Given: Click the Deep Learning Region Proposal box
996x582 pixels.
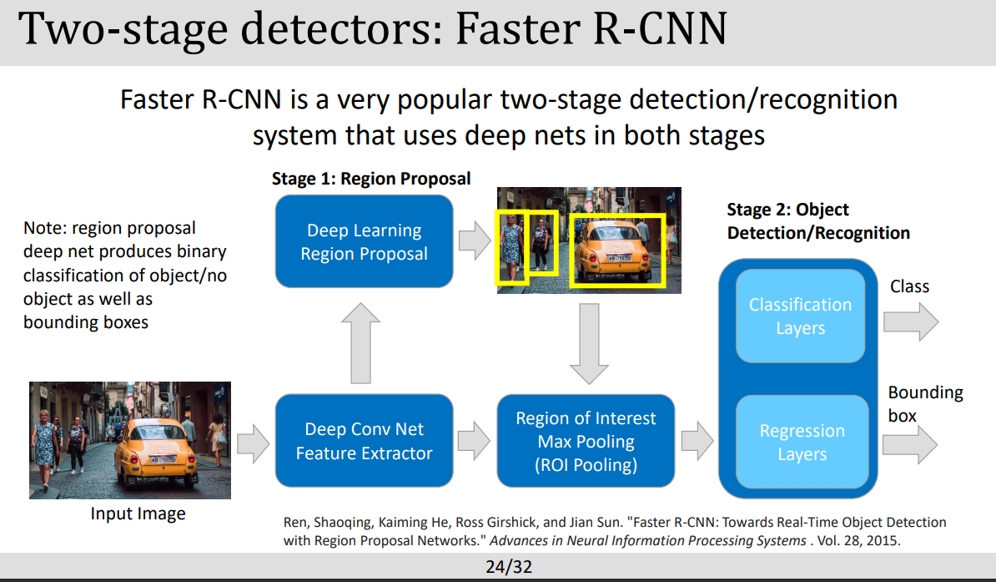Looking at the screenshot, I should [364, 242].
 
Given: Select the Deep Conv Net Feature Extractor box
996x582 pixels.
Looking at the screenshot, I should [364, 441].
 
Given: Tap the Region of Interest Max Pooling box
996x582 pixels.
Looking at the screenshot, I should [586, 441].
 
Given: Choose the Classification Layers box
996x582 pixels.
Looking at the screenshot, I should [800, 316].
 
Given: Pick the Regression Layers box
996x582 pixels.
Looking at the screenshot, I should [802, 442].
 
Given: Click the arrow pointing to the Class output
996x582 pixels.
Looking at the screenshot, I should [910, 321].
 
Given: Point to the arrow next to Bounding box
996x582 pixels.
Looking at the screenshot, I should [910, 441].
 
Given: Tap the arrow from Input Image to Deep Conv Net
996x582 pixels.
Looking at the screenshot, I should [253, 441].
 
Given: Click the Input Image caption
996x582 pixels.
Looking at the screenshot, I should [138, 513].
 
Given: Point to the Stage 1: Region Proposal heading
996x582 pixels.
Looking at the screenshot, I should [371, 179].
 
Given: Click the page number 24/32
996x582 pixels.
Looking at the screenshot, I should [509, 567].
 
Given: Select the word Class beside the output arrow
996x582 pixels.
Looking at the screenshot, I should [909, 286].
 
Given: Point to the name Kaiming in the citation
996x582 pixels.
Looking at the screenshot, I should [406, 523].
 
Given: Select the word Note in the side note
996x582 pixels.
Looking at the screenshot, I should [43, 228].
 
